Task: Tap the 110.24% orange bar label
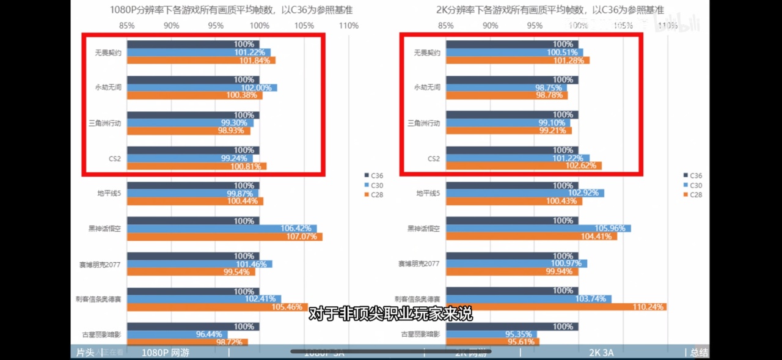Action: coord(648,307)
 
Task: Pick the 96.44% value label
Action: coord(210,334)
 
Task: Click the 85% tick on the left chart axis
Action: coord(127,26)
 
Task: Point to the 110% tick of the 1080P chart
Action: coord(348,26)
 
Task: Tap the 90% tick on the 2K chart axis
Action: coord(490,26)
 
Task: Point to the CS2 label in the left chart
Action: coord(114,159)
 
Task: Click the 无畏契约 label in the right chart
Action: coord(427,53)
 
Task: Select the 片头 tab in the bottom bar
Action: coord(85,353)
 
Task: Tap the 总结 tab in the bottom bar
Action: coord(699,353)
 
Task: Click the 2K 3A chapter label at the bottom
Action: coord(601,353)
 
